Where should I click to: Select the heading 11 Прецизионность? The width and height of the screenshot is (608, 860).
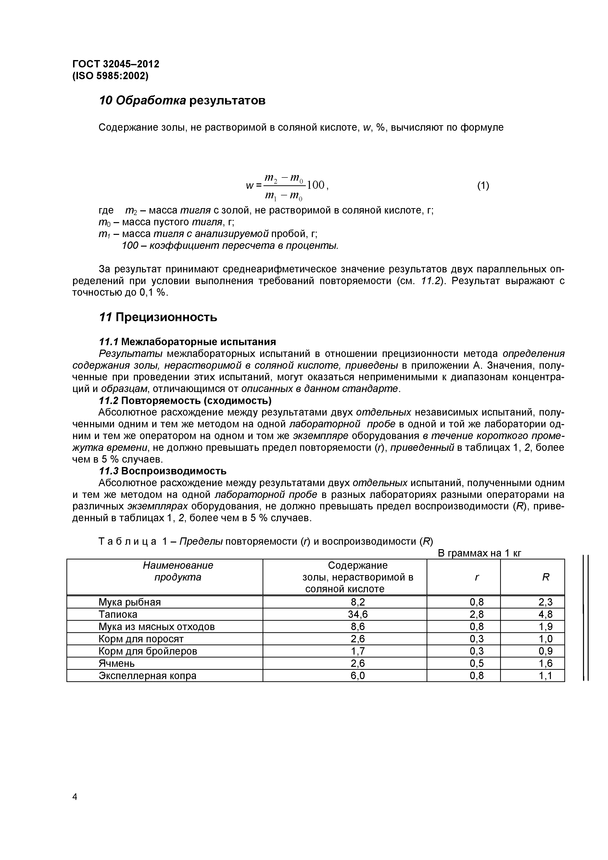tap(158, 317)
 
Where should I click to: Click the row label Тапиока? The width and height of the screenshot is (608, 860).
tap(118, 614)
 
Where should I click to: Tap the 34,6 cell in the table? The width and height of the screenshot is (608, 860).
tap(357, 614)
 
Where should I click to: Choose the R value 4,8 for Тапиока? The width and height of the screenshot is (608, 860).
tap(545, 614)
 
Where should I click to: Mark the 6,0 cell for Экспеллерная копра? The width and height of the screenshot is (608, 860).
tap(357, 675)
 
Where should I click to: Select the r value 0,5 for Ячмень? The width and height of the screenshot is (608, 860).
tap(477, 663)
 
